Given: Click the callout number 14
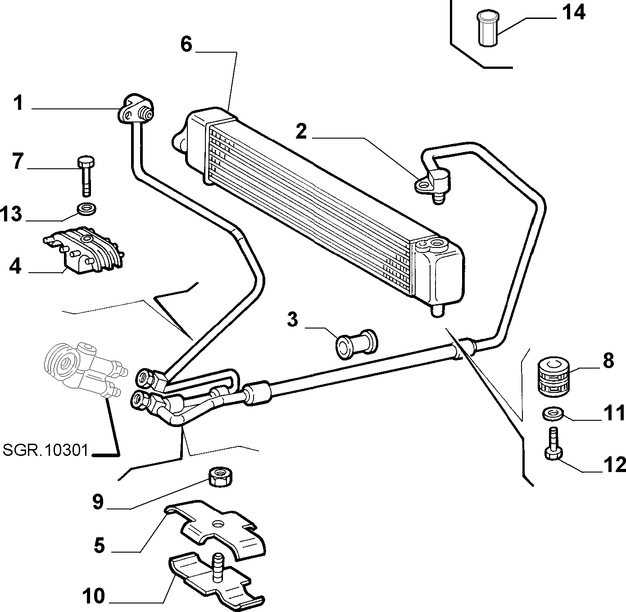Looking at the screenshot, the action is (x=574, y=14).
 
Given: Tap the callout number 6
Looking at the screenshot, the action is (x=186, y=45).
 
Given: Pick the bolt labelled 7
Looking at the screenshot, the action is (x=86, y=175).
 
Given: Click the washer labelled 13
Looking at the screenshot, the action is (x=86, y=209).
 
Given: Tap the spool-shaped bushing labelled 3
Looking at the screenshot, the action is (x=356, y=344).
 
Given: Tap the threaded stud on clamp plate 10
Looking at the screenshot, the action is (x=218, y=567).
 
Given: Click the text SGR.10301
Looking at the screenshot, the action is (x=45, y=450).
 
